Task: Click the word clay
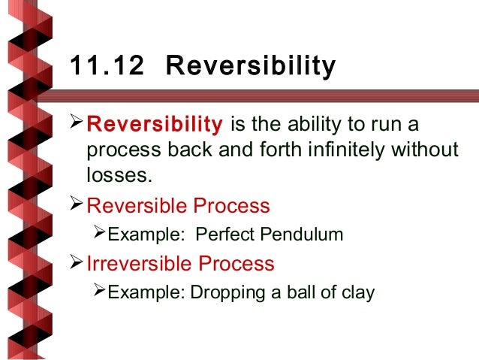[x=357, y=292]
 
